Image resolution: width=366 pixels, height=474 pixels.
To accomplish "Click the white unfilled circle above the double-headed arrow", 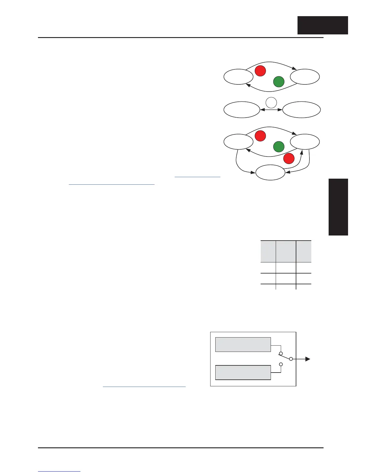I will (x=271, y=103).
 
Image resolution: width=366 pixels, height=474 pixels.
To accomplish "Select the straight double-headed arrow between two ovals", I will (x=271, y=110).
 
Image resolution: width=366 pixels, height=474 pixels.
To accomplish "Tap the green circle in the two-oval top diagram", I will (x=279, y=82).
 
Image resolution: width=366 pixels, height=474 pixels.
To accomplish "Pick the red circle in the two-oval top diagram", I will (x=260, y=71).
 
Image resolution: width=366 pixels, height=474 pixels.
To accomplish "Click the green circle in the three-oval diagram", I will (x=279, y=147).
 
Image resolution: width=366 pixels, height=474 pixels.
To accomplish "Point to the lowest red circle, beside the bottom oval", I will (x=289, y=158).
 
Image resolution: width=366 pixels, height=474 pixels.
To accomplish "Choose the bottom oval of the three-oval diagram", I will (x=270, y=173).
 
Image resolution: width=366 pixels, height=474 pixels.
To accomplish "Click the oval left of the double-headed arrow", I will (x=242, y=110).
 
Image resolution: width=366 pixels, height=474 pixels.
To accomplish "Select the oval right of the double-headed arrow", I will (x=301, y=110).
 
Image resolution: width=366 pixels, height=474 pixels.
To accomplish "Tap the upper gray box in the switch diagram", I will (x=243, y=344).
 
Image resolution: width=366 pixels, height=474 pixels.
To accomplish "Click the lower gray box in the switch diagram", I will (x=243, y=372).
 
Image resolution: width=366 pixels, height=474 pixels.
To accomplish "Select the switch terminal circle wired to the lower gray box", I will (x=281, y=364).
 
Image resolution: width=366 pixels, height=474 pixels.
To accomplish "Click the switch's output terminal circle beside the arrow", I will (x=291, y=359).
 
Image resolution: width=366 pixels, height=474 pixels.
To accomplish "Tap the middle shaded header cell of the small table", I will (x=286, y=251).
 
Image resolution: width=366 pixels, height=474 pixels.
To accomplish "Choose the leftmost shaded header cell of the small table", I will (x=268, y=251).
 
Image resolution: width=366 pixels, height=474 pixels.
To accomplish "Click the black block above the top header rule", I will (x=323, y=25).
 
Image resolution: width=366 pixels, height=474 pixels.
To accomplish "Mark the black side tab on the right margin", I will (x=338, y=207).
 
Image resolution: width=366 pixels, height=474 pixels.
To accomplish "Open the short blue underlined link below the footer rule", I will (x=59, y=471).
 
